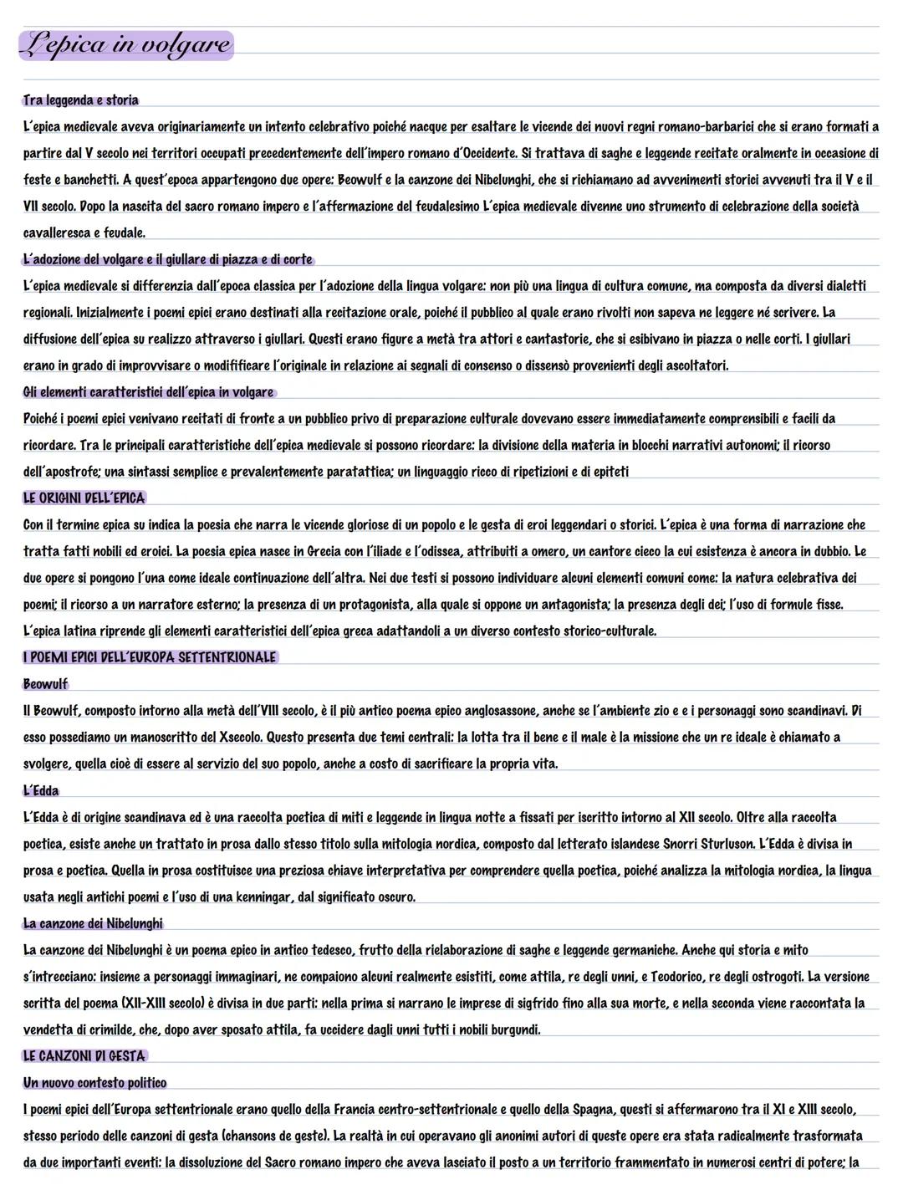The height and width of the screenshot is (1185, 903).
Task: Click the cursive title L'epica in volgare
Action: tap(125, 43)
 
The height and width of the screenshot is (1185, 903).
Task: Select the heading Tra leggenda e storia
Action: tap(81, 100)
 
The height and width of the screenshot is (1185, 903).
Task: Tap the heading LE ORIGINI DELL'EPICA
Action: tap(84, 498)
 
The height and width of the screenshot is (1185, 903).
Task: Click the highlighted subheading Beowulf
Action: tap(45, 684)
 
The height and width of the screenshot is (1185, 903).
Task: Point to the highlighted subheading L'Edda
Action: tap(41, 790)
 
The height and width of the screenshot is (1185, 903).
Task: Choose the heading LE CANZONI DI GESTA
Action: tap(84, 1056)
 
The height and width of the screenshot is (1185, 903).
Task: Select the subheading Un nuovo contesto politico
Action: tap(94, 1083)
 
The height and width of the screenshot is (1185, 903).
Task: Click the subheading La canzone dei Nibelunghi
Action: tap(93, 923)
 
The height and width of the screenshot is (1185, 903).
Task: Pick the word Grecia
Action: tap(329, 552)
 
